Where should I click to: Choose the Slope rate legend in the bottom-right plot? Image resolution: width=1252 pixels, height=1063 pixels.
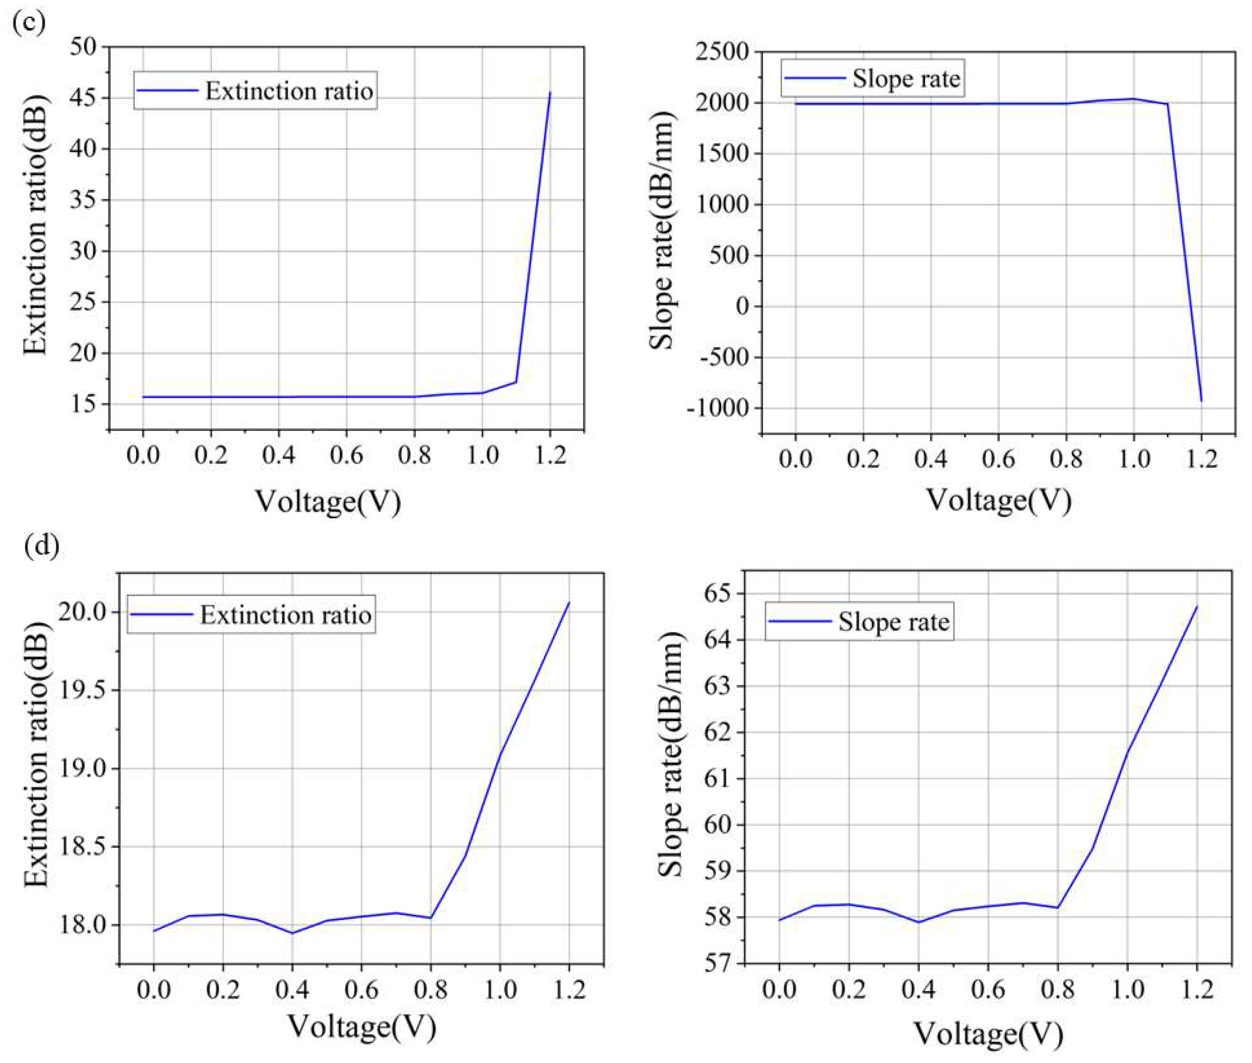coord(893,622)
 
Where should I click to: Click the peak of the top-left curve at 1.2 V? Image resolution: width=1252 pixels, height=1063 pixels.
coord(550,92)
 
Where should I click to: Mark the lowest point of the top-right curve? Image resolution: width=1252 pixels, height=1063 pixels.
coord(1201,401)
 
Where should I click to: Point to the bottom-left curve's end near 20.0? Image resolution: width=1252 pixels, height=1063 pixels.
coord(568,602)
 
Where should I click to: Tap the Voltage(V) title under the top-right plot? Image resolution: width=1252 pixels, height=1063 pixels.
coord(998,500)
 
